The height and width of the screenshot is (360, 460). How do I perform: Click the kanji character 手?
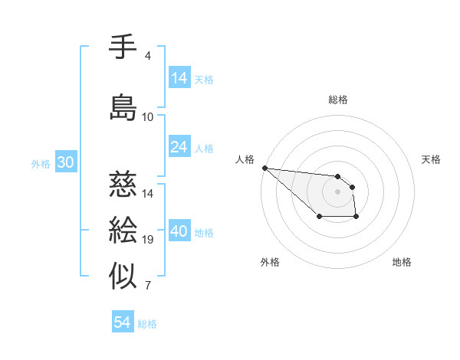[x=123, y=48]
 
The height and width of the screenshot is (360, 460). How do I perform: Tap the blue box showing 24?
[x=179, y=148]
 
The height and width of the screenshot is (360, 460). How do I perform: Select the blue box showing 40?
[x=179, y=232]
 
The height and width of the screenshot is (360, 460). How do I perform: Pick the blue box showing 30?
[x=65, y=163]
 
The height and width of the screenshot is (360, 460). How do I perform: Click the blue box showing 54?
[x=122, y=323]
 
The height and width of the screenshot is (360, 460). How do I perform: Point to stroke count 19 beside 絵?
[x=148, y=240]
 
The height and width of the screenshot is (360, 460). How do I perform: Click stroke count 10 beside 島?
[x=148, y=117]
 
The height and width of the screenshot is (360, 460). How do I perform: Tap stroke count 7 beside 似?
[x=148, y=286]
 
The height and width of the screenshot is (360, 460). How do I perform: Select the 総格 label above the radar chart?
[x=337, y=100]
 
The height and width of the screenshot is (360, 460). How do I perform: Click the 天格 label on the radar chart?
[x=432, y=159]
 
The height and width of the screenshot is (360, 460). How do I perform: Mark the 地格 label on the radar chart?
[x=402, y=262]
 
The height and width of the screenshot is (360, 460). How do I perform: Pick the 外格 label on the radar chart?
[x=270, y=262]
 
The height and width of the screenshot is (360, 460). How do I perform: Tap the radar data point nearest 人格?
[x=264, y=168]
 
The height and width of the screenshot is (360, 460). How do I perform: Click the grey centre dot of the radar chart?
[x=337, y=191]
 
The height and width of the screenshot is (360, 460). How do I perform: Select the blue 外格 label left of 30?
[x=41, y=164]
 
